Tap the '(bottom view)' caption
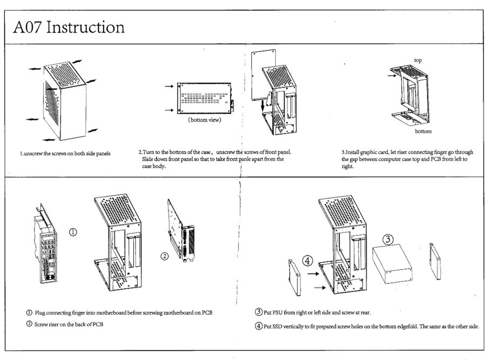(x=204, y=119)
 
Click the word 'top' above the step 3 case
(x=417, y=59)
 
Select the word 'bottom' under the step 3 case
(x=423, y=131)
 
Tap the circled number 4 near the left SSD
(x=307, y=261)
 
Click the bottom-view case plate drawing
(x=205, y=97)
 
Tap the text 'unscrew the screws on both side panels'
(x=65, y=153)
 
